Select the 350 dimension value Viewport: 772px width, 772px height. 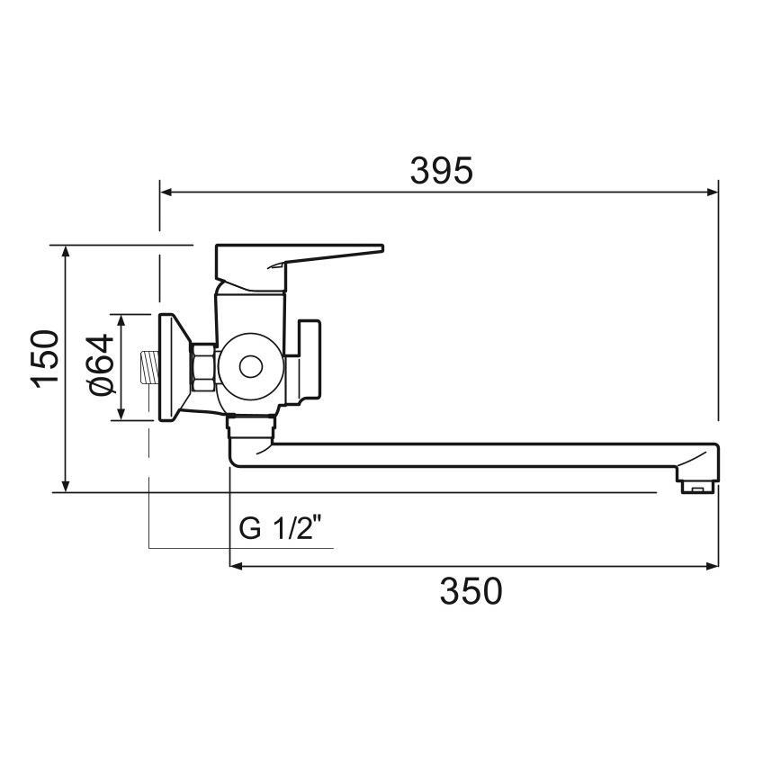tap(471, 591)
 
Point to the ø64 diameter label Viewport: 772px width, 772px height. tap(101, 364)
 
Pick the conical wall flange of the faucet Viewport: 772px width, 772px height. tap(173, 367)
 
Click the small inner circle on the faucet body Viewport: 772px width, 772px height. tap(250, 367)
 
